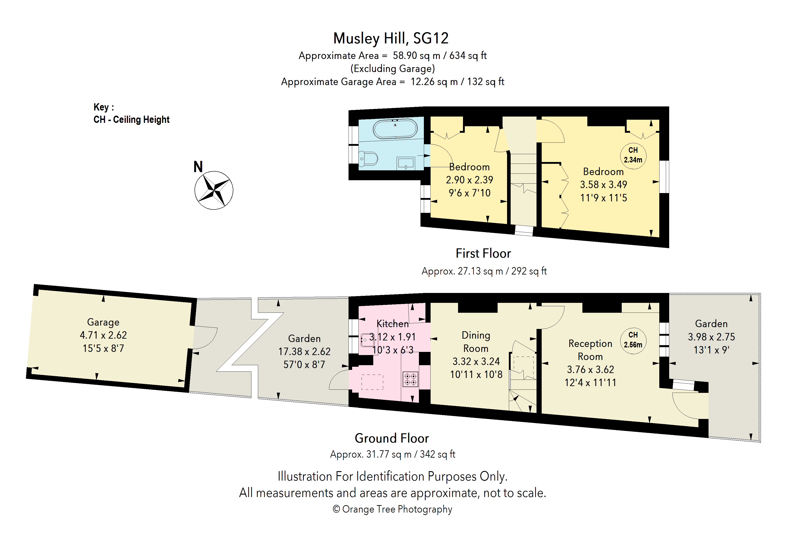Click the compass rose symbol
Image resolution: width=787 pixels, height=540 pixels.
pyautogui.click(x=214, y=190)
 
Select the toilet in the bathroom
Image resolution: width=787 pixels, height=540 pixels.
pyautogui.click(x=368, y=159)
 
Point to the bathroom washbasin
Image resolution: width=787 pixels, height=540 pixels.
pyautogui.click(x=406, y=164)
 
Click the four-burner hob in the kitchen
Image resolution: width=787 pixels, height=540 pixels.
pyautogui.click(x=410, y=379)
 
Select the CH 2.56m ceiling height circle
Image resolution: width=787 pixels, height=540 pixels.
pyautogui.click(x=633, y=341)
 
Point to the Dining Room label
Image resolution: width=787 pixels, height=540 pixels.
pyautogui.click(x=476, y=342)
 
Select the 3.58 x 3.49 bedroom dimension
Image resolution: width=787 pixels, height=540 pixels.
pyautogui.click(x=604, y=185)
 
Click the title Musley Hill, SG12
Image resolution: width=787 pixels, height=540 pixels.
pyautogui.click(x=391, y=38)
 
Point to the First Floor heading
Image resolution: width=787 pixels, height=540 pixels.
pyautogui.click(x=483, y=253)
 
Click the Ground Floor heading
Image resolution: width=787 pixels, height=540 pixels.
pyautogui.click(x=392, y=438)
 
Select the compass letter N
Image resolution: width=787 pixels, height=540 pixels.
pyautogui.click(x=198, y=167)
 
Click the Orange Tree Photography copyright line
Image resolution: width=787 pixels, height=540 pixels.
pyautogui.click(x=392, y=509)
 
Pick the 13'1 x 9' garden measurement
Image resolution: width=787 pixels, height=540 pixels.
pyautogui.click(x=711, y=350)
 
